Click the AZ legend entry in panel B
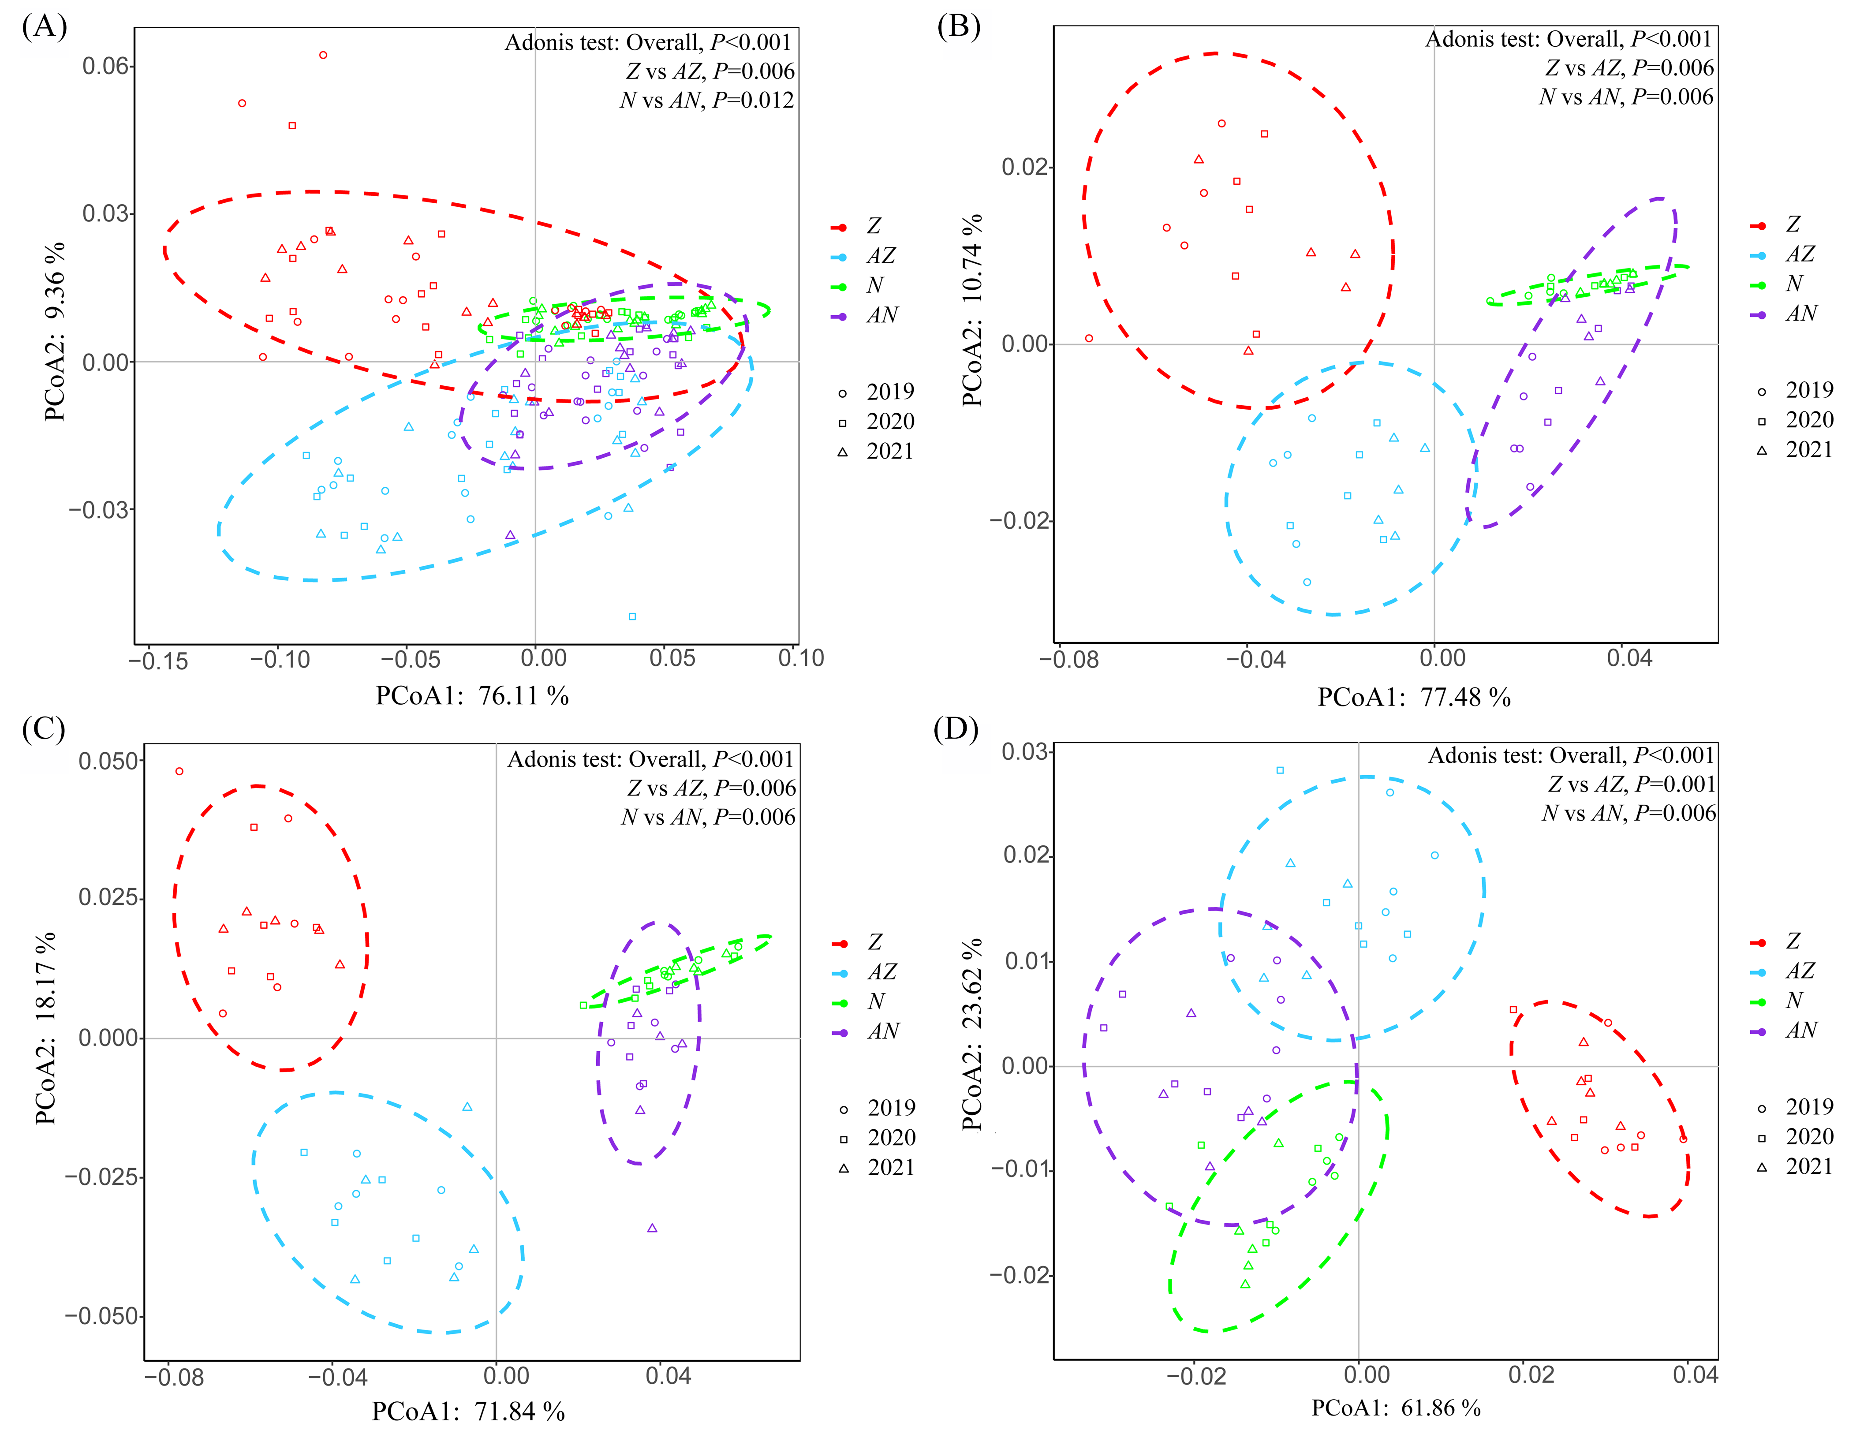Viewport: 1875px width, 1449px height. pos(1800,254)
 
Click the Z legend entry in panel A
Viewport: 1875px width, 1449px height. pos(873,226)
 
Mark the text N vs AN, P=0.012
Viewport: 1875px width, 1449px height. pos(706,101)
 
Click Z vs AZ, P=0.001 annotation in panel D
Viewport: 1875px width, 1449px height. pos(1631,784)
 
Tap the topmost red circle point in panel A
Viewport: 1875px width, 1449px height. pos(323,55)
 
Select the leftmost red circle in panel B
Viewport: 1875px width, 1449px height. pos(1089,338)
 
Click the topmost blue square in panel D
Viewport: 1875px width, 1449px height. pos(1280,770)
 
